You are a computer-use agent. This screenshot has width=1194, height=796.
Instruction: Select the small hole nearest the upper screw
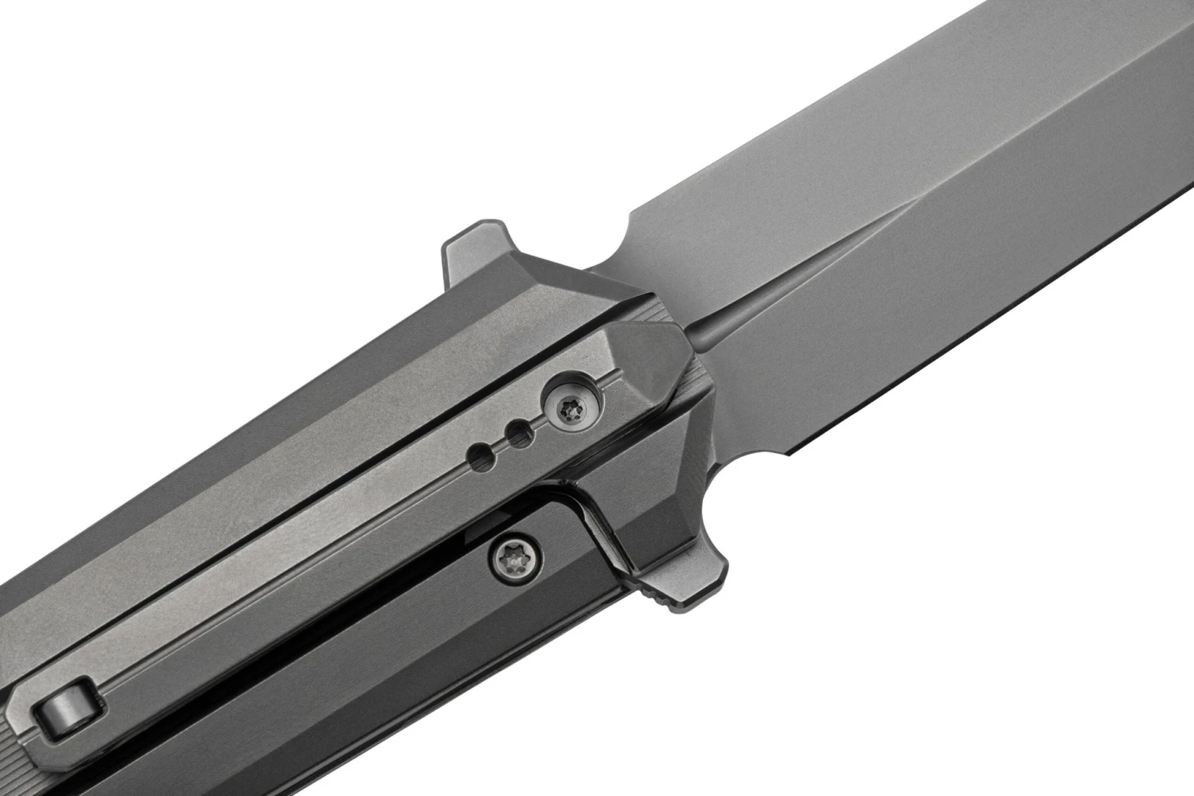[522, 431]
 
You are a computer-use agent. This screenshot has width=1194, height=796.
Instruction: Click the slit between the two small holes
[500, 443]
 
